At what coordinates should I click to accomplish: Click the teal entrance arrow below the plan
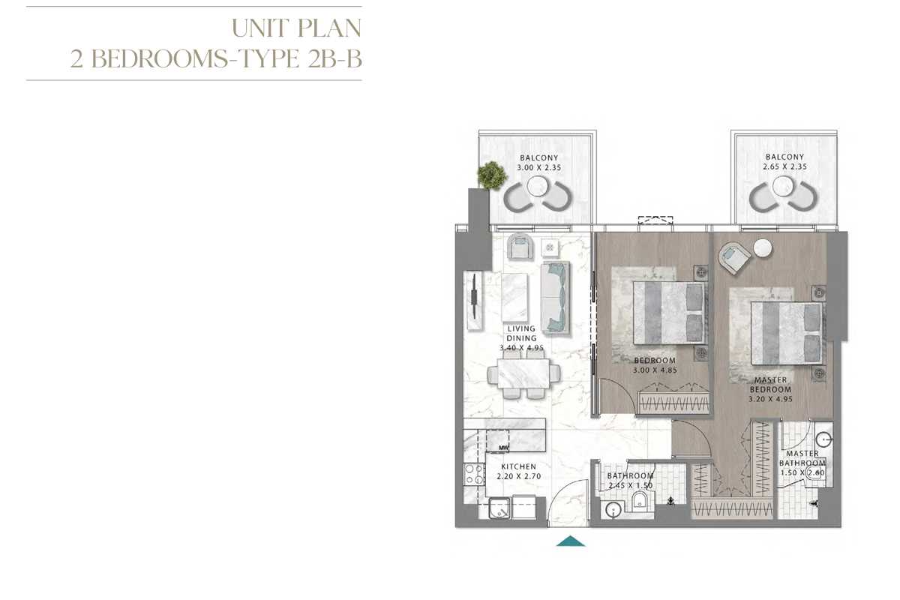[571, 541]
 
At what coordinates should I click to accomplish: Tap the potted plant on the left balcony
[492, 175]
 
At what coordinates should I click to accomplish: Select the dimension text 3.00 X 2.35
[538, 167]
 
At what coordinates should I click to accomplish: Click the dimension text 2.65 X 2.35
[784, 166]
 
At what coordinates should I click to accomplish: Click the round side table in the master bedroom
[763, 248]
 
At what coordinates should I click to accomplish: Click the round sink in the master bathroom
[824, 439]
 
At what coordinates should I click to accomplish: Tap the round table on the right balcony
[783, 186]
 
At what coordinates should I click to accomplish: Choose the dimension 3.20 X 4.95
[771, 399]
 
